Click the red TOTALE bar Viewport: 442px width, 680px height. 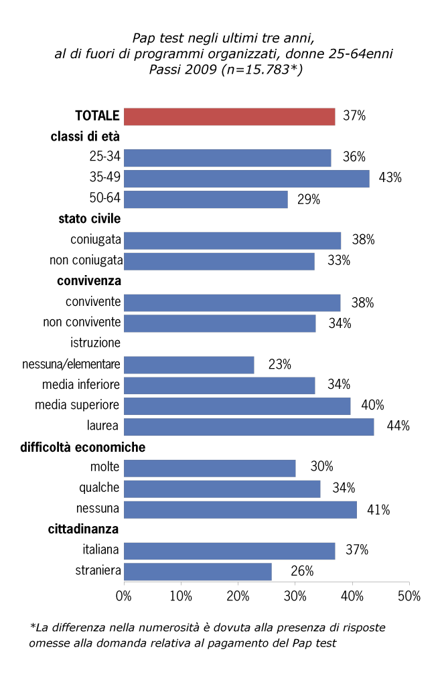230,116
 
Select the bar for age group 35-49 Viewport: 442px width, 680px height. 246,178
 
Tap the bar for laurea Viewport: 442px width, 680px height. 249,426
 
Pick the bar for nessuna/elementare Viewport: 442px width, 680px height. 190,365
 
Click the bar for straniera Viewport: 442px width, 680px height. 198,572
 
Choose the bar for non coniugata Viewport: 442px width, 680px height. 220,261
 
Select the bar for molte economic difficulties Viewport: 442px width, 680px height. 210,468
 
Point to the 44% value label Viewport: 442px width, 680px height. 398,426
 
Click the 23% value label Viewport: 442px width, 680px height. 279,365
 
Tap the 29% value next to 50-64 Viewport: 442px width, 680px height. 309,199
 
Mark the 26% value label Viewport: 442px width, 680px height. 302,572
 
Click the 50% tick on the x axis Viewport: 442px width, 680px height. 409,596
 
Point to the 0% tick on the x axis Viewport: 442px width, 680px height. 124,596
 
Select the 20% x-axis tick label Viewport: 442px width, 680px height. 238,596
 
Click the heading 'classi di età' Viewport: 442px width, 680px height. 85,137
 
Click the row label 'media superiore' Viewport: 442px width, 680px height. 77,406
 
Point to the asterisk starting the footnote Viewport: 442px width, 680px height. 32,628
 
